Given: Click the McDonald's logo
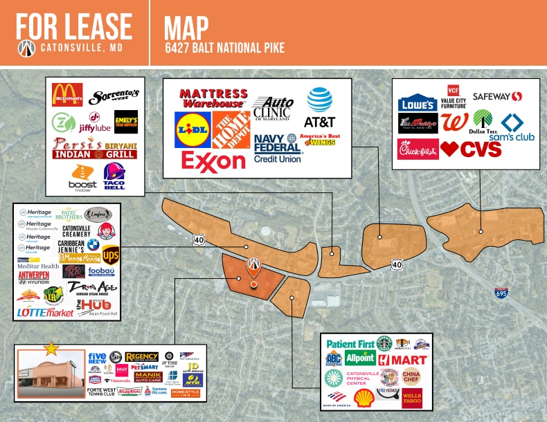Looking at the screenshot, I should point(67,95).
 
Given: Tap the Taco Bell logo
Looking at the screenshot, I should point(114,175).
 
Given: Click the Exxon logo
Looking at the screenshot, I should point(213,161).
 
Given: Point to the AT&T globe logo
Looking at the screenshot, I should point(319,100).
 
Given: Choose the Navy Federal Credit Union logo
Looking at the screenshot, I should point(276,147).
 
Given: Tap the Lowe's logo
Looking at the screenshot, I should point(418,103).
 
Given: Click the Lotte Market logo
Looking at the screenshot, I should point(45,313).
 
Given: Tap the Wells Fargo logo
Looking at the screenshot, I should point(412,397).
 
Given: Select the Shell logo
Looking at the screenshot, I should point(364,397).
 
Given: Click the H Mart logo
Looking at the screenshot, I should point(403,360).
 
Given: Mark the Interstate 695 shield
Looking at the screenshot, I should point(501,293).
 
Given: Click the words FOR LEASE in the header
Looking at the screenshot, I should point(73,26).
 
